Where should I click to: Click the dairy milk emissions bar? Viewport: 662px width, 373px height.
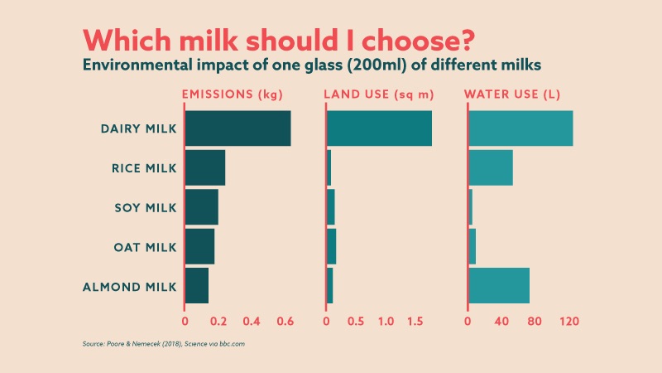(x=237, y=128)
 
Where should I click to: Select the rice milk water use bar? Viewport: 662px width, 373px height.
(x=491, y=167)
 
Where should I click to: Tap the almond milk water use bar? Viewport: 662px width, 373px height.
(x=499, y=286)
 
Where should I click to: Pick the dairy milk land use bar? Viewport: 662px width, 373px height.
(x=379, y=128)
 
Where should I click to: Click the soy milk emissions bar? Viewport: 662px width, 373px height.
(x=201, y=207)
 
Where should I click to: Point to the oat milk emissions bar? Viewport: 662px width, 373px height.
(x=199, y=246)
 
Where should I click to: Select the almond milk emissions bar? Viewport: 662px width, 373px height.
(x=197, y=286)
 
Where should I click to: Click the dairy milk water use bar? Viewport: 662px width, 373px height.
(x=520, y=128)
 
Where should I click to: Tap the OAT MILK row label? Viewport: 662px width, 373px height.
(x=145, y=247)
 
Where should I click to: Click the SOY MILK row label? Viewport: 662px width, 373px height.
(x=145, y=207)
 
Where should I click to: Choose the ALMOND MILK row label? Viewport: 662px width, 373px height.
(x=130, y=287)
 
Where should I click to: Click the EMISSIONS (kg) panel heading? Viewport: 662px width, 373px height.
(x=233, y=94)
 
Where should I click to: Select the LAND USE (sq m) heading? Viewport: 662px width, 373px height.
(x=378, y=94)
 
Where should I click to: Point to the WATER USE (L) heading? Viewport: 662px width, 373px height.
(x=512, y=94)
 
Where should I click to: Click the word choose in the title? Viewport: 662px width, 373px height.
(x=416, y=41)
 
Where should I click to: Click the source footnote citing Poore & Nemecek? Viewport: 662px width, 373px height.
(x=163, y=343)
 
